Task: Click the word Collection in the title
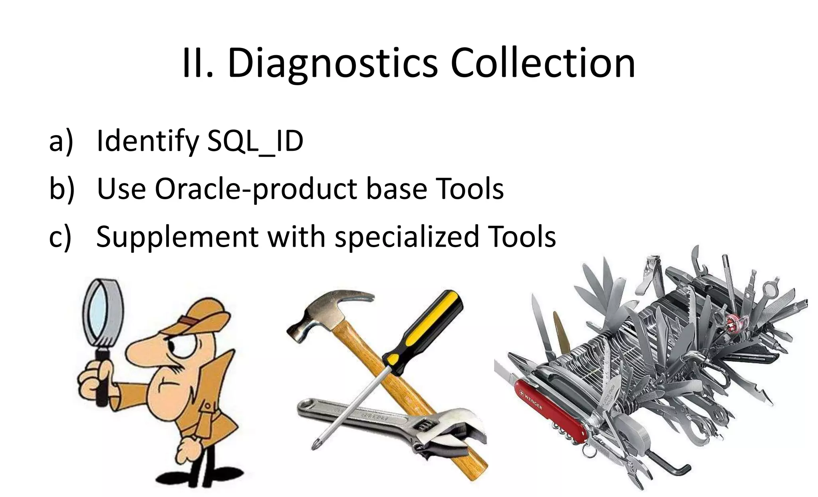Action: [x=543, y=63]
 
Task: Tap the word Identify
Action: [x=147, y=142]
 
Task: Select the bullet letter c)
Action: [x=60, y=237]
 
